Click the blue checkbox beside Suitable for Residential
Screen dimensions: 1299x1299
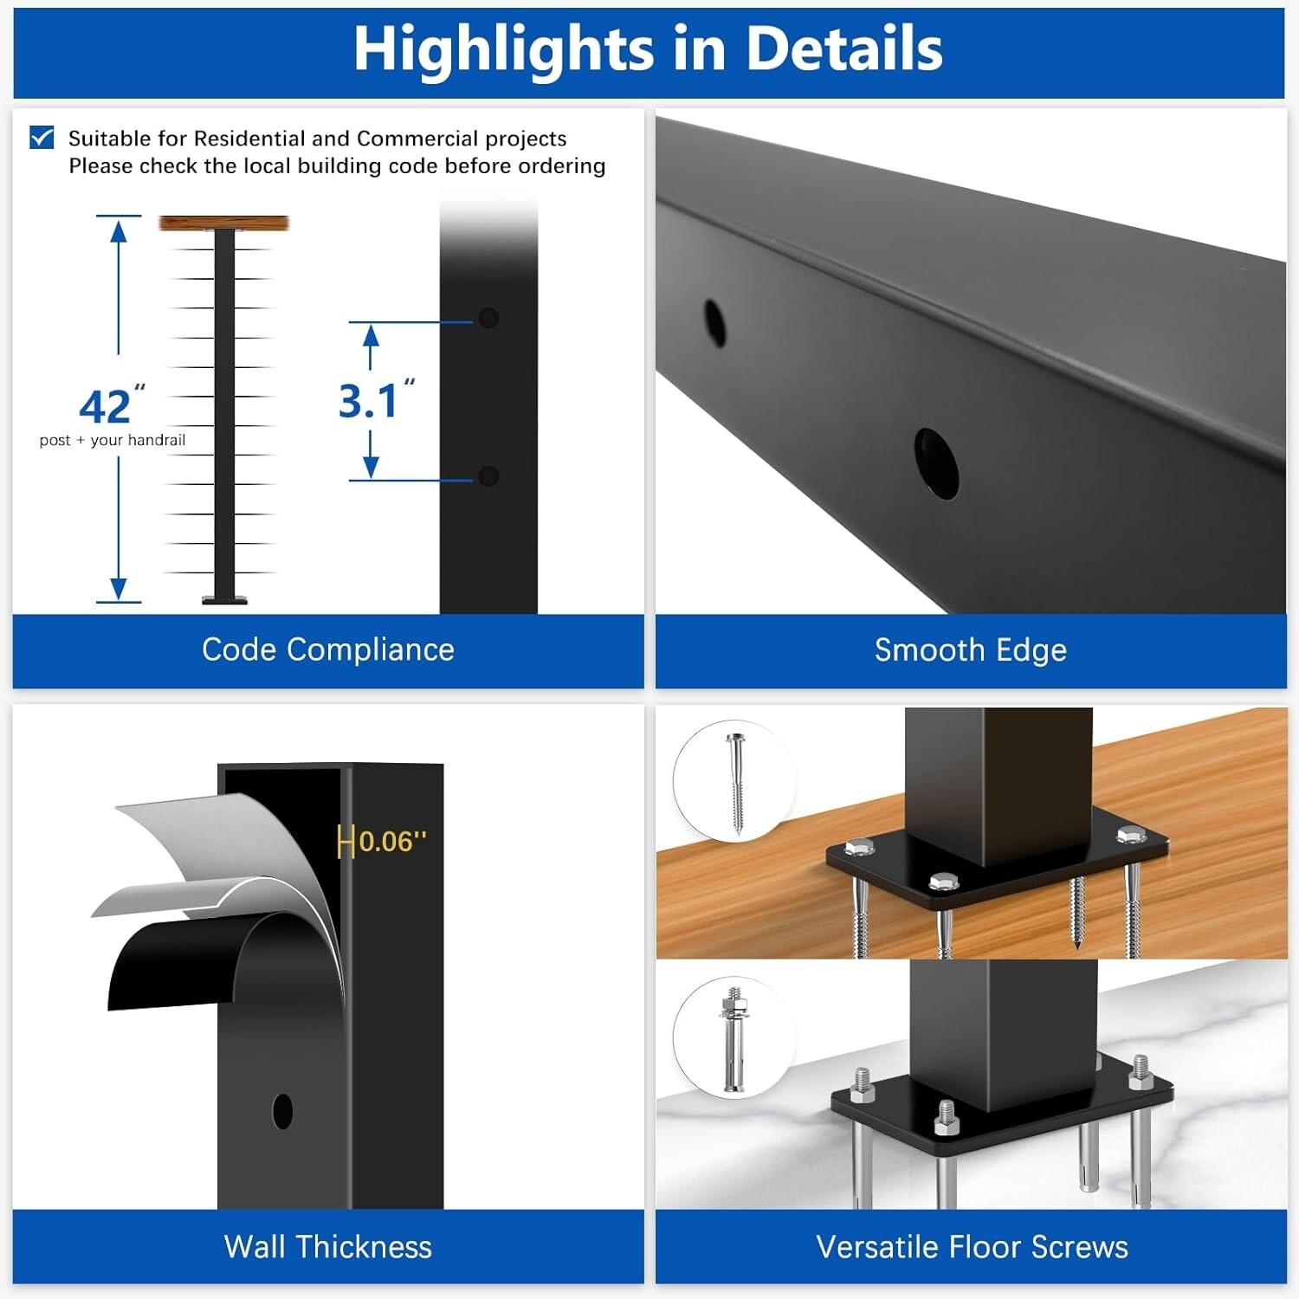pyautogui.click(x=42, y=138)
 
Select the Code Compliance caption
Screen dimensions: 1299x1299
pyautogui.click(x=328, y=649)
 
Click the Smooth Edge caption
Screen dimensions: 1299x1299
pyautogui.click(x=971, y=650)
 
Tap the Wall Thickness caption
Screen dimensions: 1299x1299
pyautogui.click(x=328, y=1247)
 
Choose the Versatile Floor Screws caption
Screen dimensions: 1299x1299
pyautogui.click(x=972, y=1247)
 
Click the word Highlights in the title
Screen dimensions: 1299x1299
pyautogui.click(x=504, y=49)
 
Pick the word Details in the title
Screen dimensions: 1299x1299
pyautogui.click(x=844, y=48)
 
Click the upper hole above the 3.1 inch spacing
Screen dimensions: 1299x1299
pyautogui.click(x=488, y=318)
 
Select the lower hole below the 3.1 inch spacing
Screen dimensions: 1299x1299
pyautogui.click(x=488, y=475)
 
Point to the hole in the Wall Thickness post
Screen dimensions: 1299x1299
pyautogui.click(x=282, y=1111)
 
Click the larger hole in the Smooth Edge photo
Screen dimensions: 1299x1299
pyautogui.click(x=936, y=463)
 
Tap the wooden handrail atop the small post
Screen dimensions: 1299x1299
pyautogui.click(x=223, y=223)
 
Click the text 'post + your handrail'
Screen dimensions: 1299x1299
pyautogui.click(x=113, y=440)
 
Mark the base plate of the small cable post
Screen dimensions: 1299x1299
pyautogui.click(x=224, y=599)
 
